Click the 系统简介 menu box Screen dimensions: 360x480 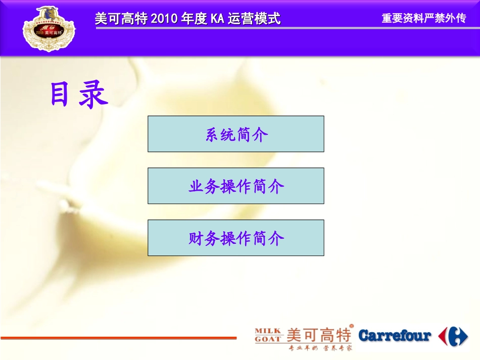[x=236, y=134]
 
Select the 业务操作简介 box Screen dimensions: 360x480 [x=236, y=186]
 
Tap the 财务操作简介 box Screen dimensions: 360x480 [x=236, y=238]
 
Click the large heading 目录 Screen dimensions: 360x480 [x=79, y=94]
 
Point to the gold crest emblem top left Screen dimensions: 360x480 [x=49, y=28]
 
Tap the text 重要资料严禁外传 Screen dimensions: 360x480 [x=423, y=19]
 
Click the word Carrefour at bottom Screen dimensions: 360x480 [x=395, y=335]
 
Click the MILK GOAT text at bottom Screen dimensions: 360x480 [x=268, y=335]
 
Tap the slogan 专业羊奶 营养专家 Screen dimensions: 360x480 [x=320, y=348]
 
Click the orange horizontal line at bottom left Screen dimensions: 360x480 [x=118, y=338]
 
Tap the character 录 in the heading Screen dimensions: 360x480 [x=93, y=95]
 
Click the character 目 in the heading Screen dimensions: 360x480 [x=60, y=94]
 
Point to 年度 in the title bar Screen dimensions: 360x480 [x=185, y=19]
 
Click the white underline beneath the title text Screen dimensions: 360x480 [x=283, y=28]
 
